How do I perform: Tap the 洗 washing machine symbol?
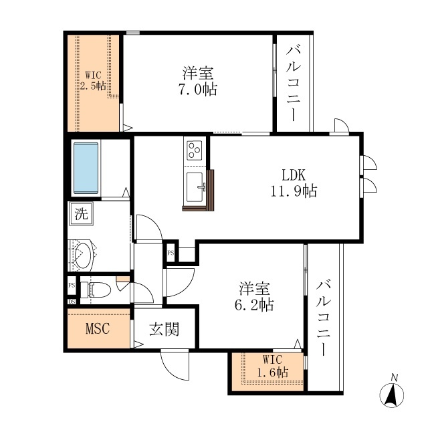(x=80, y=215)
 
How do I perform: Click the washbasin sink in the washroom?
(x=84, y=253)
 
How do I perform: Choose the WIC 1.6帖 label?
(x=272, y=366)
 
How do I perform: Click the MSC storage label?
(x=97, y=329)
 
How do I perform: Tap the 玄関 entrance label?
(x=163, y=329)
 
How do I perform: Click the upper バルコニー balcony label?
(x=294, y=81)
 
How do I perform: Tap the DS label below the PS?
(x=72, y=301)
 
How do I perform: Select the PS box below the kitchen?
(x=171, y=253)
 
